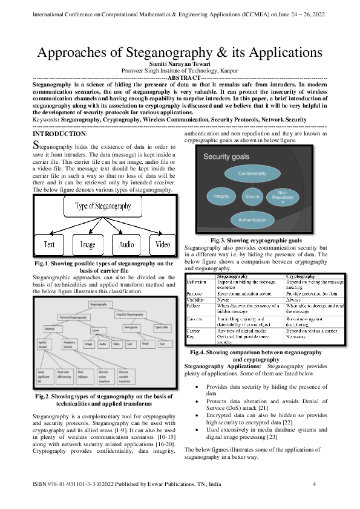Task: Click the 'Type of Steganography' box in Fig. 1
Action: click(103, 206)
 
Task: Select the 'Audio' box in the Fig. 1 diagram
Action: click(126, 245)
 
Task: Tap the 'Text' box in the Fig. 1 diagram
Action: click(49, 245)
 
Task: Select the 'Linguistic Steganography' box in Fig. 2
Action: click(129, 314)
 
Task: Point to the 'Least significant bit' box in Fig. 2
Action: click(44, 377)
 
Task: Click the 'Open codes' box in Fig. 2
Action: click(162, 328)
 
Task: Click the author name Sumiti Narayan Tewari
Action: click(179, 63)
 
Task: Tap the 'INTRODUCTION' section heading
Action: click(59, 133)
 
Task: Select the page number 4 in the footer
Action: click(314, 485)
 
